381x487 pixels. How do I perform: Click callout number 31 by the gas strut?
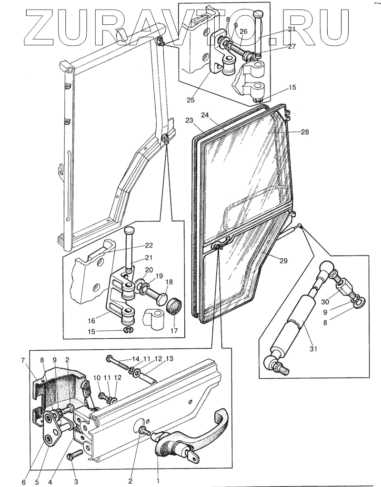[313, 349]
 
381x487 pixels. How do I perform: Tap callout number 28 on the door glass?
[305, 132]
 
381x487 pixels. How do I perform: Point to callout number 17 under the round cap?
[174, 331]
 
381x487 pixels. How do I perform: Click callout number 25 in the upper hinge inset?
[190, 100]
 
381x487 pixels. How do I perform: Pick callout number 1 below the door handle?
[158, 481]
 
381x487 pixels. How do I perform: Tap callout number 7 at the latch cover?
[23, 361]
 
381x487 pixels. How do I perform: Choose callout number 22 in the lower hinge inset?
[149, 245]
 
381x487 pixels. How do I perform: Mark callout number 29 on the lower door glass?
[283, 261]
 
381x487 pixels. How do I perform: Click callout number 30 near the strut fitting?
[325, 302]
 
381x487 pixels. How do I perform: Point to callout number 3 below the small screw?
[76, 482]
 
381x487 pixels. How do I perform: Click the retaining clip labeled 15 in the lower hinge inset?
[128, 331]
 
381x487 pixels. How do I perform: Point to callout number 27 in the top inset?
[291, 46]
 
